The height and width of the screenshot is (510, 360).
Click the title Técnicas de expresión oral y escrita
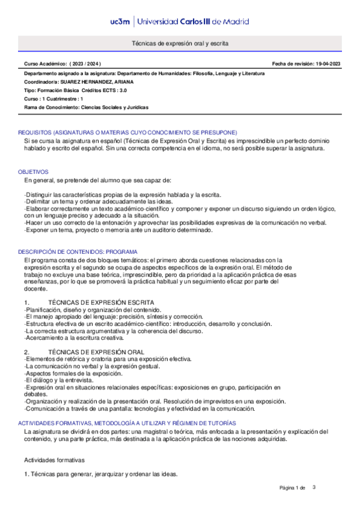coord(180,44)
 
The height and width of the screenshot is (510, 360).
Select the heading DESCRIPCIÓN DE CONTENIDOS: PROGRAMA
coord(78,251)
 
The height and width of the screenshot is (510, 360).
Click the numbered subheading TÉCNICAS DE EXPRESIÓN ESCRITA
coord(100,302)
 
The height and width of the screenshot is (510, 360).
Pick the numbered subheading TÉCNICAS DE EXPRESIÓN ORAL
coord(96,351)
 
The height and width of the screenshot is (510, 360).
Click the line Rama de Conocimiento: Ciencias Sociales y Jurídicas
coord(86,107)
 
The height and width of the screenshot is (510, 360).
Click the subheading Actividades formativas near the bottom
coord(54,459)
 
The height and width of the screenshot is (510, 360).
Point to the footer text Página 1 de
coord(293,487)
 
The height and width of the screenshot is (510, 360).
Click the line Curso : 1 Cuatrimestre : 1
coord(53,98)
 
